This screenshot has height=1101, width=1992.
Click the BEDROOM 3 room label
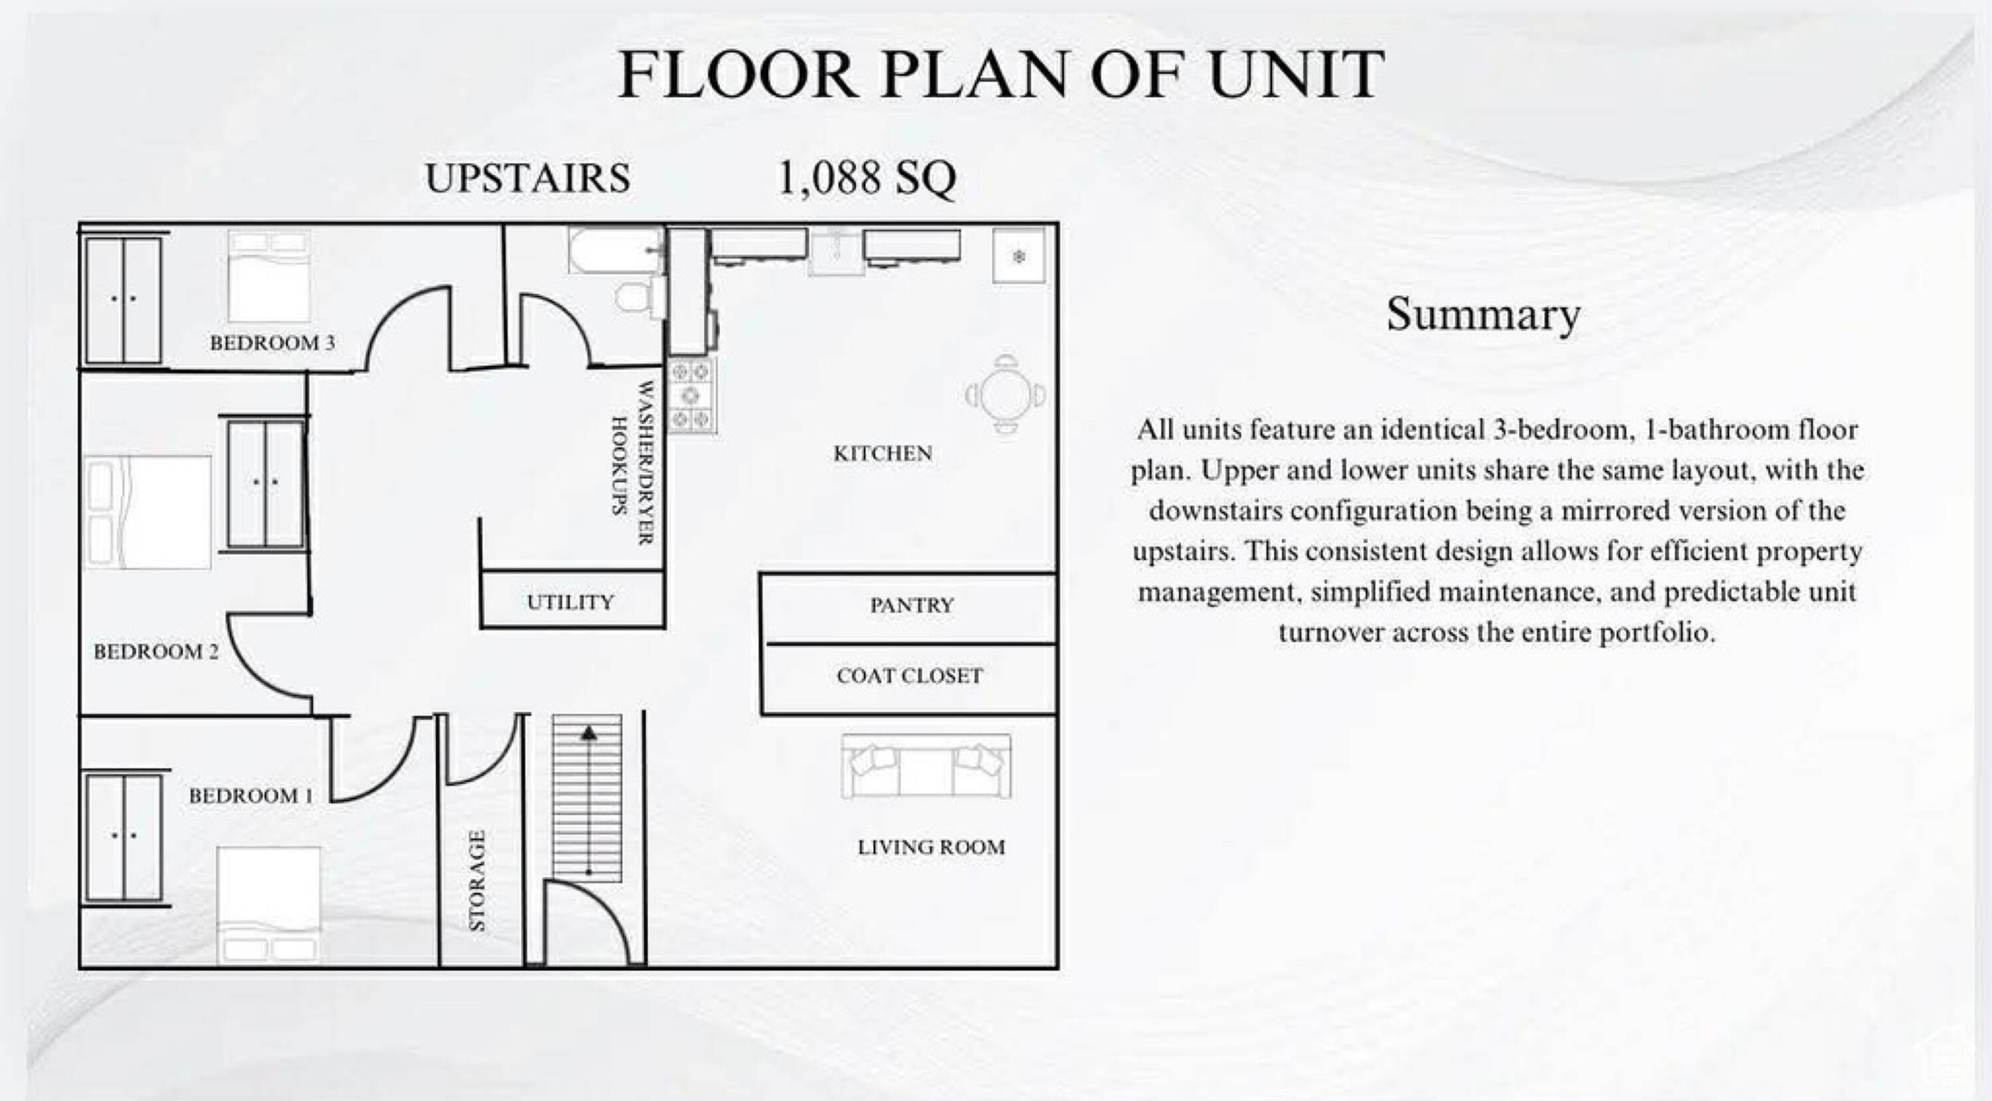click(272, 343)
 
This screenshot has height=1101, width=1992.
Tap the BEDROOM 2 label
click(156, 652)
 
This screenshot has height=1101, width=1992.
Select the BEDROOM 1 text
click(251, 796)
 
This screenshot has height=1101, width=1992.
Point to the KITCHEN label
click(882, 453)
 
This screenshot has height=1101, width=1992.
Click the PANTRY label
click(912, 606)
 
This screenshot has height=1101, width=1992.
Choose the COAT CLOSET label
click(910, 676)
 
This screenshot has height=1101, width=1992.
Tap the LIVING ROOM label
click(931, 847)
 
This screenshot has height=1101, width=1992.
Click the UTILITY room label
click(570, 602)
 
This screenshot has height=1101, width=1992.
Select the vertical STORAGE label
click(478, 881)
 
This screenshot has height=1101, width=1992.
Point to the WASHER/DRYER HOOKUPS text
click(633, 462)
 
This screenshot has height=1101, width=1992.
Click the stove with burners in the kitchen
click(691, 396)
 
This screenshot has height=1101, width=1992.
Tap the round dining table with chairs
click(1005, 394)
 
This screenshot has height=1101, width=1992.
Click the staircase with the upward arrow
click(588, 798)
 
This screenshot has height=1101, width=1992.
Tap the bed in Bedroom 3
click(269, 276)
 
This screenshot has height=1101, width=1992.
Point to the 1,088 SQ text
click(866, 179)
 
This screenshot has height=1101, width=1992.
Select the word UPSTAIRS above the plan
click(528, 179)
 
